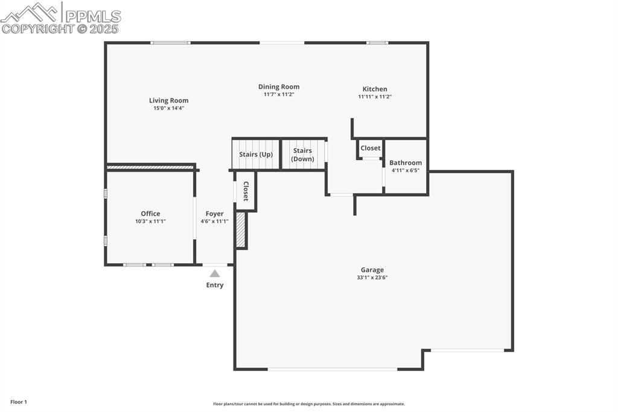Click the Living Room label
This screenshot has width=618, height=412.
coord(169,101)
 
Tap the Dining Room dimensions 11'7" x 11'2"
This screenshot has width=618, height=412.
coord(279,95)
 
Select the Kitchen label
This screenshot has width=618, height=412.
coord(375,89)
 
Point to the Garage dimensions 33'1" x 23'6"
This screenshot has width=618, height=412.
coord(372,278)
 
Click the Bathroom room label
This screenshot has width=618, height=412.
coord(406,163)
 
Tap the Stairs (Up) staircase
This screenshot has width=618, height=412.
coord(256,154)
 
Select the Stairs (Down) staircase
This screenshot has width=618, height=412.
coord(303,155)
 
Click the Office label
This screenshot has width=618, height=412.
coord(150,213)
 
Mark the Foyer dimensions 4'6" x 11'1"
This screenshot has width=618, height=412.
coord(214,222)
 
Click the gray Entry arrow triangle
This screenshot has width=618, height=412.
coord(215,274)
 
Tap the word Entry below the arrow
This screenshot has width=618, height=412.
coord(215,285)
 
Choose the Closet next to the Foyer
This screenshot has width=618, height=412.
coord(246,191)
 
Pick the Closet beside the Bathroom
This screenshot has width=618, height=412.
coord(371,148)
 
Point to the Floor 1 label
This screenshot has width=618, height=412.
coord(19,402)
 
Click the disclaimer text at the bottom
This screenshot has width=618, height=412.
coord(308,404)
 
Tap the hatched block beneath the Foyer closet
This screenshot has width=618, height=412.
coord(241,230)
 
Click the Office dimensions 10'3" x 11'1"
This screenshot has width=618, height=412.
coord(150,222)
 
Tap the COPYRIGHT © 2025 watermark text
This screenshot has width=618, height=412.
coord(60,28)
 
